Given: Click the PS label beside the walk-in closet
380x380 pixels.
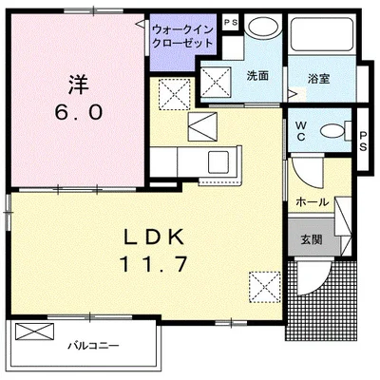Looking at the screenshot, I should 229,22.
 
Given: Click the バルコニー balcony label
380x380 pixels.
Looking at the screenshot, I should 93,346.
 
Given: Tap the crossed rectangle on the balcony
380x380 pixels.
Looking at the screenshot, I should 36,333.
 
